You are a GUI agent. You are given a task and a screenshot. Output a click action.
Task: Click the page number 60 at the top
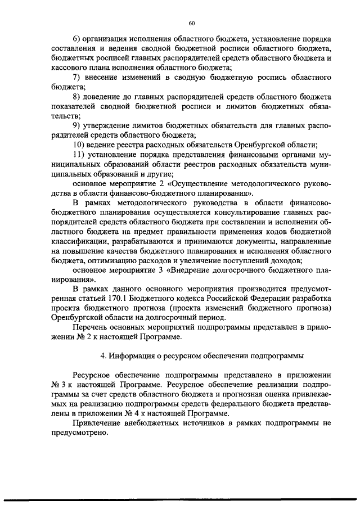click(191, 23)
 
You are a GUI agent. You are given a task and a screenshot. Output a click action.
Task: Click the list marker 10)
click(79, 145)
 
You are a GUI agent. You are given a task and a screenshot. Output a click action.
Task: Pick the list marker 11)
click(79, 154)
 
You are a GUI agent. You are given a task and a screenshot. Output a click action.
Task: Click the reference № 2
click(79, 337)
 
